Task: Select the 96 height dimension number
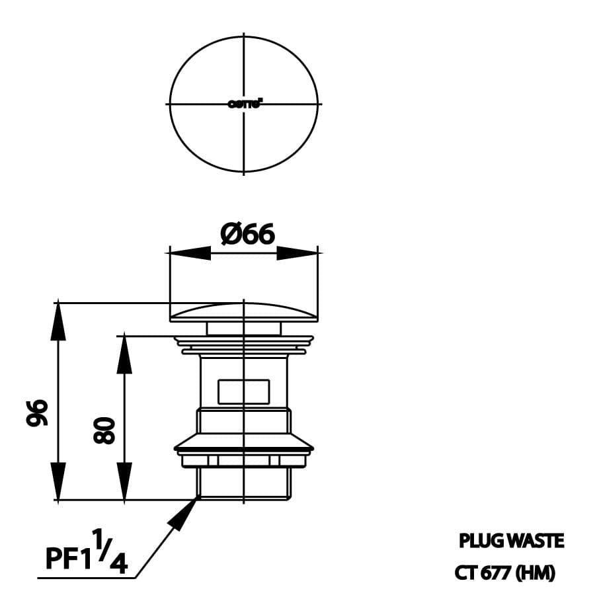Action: coord(38,412)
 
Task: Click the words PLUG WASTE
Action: coord(511,541)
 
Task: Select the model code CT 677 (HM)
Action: coord(504,573)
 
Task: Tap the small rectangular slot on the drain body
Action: coord(243,391)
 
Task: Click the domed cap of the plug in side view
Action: coord(244,311)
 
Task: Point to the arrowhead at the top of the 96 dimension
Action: coord(59,321)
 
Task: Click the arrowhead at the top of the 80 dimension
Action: coord(123,354)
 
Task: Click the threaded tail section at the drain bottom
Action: coord(244,483)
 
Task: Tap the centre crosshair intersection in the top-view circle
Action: coord(244,104)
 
